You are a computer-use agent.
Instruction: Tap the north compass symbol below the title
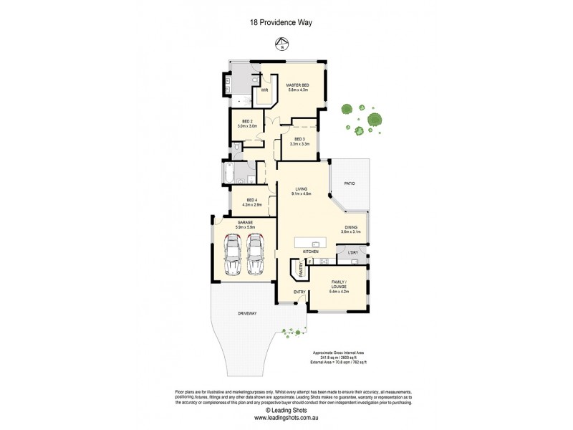click(281, 47)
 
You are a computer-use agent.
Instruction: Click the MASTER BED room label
click(297, 85)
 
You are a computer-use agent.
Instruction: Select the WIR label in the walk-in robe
click(264, 91)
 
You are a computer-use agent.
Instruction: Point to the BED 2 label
click(246, 122)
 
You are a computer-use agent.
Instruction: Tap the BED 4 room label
click(251, 200)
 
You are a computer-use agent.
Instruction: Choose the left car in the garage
click(233, 256)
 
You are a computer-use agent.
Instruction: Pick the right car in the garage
click(256, 256)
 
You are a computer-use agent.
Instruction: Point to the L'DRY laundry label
click(352, 253)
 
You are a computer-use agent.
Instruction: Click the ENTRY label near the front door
click(299, 292)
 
